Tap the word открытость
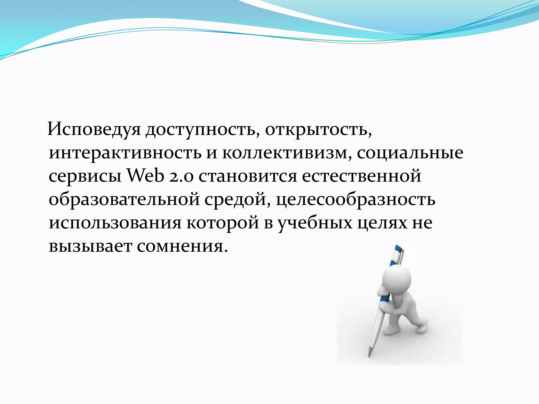pos(318,130)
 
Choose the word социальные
pos(410,153)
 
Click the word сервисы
pos(85,176)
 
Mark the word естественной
pos(361,176)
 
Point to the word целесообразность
pos(356,199)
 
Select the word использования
pos(115,223)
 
